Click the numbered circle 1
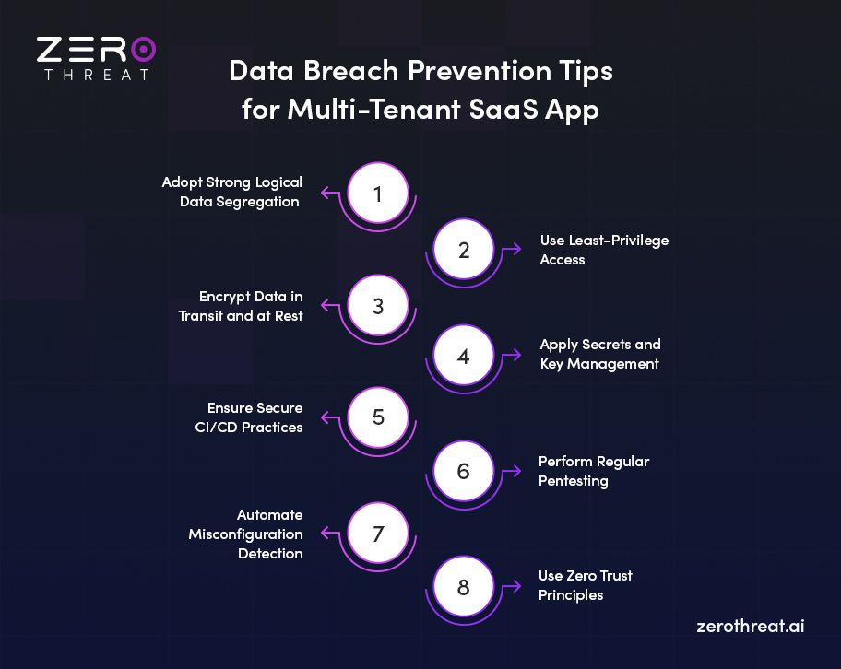pyautogui.click(x=377, y=194)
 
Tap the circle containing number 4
pyautogui.click(x=463, y=356)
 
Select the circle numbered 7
pyautogui.click(x=377, y=534)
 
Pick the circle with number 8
pyautogui.click(x=463, y=586)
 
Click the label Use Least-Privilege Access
pyautogui.click(x=604, y=250)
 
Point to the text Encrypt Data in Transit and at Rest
pyautogui.click(x=241, y=306)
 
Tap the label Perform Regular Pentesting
pyautogui.click(x=594, y=470)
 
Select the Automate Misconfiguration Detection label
pyautogui.click(x=245, y=534)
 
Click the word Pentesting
pyautogui.click(x=574, y=480)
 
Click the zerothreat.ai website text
pyautogui.click(x=751, y=625)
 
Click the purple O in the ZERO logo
pyautogui.click(x=142, y=50)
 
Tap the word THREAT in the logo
pyautogui.click(x=96, y=75)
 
